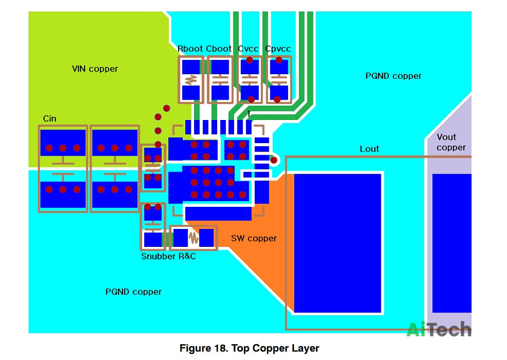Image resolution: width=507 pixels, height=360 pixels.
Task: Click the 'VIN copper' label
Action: click(95, 69)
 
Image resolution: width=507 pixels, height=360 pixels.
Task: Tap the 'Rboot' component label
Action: click(190, 48)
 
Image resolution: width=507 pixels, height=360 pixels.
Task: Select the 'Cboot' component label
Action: click(219, 48)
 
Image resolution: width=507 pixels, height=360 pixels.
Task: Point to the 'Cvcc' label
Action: click(248, 48)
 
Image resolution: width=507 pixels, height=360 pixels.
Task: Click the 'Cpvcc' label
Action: click(278, 49)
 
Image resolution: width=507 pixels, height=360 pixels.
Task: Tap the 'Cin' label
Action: click(49, 119)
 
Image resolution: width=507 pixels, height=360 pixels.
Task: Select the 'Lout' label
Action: click(369, 149)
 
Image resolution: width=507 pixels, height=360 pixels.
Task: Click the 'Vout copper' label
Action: click(451, 142)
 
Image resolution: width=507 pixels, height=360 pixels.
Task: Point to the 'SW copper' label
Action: click(254, 238)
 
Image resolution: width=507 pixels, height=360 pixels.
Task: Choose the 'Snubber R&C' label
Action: click(168, 256)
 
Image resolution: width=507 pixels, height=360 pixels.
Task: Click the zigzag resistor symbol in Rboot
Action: click(191, 79)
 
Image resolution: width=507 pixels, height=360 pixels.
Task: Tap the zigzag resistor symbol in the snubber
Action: click(194, 238)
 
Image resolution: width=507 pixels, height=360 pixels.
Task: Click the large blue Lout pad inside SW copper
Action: click(338, 243)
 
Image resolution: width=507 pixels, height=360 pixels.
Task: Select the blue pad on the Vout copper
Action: click(452, 243)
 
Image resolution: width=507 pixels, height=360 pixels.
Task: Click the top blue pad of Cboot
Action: click(220, 67)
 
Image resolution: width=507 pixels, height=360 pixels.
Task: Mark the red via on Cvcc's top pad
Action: click(249, 60)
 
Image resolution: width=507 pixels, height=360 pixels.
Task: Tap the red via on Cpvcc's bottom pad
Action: click(277, 99)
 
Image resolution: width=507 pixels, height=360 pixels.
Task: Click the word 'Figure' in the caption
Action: click(195, 348)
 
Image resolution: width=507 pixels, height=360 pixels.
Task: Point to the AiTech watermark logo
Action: click(439, 329)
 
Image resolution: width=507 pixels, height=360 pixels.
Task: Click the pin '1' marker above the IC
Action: click(249, 114)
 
